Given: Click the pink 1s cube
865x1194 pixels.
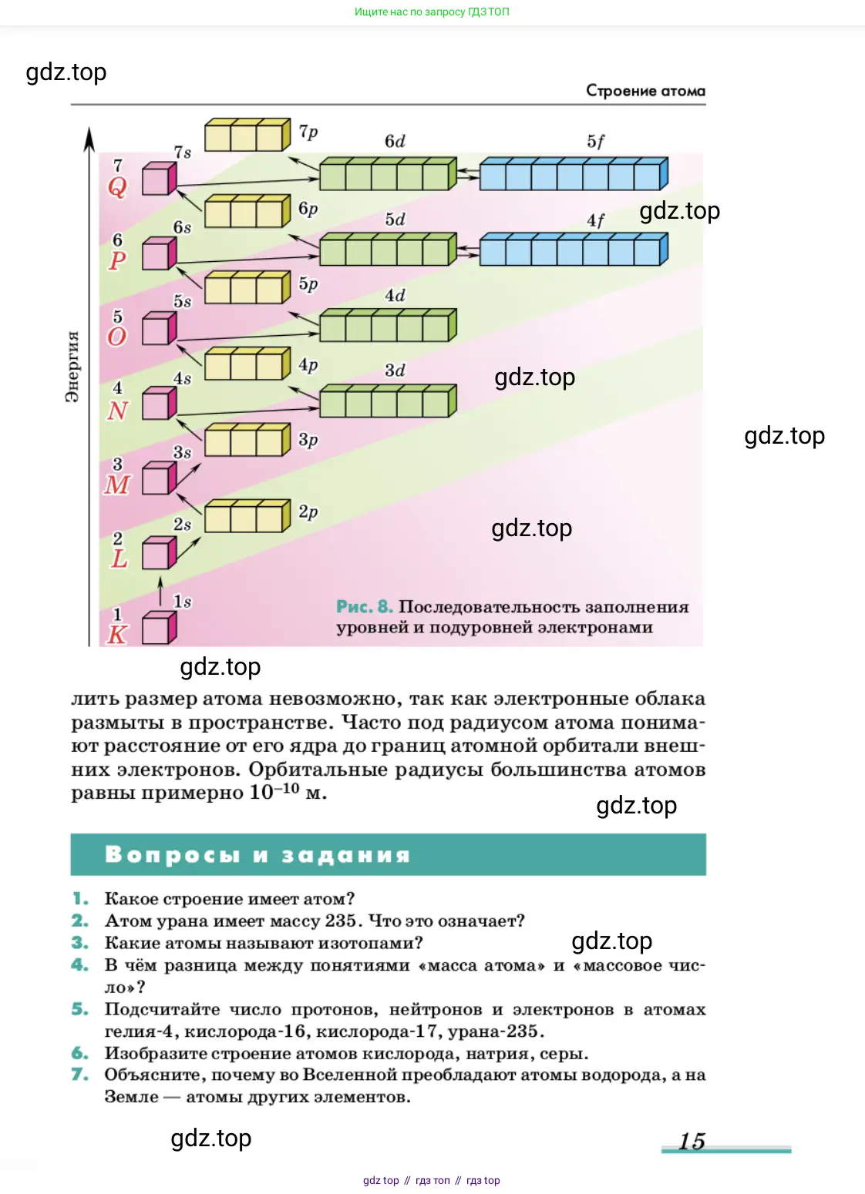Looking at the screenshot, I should click(x=159, y=628).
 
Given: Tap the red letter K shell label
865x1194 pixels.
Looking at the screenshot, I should click(x=117, y=635).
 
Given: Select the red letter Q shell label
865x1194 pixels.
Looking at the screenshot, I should click(x=117, y=186).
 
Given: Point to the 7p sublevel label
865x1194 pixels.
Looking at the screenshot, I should click(x=308, y=132).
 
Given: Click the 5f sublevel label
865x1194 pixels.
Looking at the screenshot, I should click(x=595, y=142).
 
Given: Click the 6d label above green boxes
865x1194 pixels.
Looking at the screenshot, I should click(x=395, y=142).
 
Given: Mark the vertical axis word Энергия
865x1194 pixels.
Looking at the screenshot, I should click(x=72, y=367).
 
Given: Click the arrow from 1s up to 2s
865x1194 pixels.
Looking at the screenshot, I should click(x=161, y=592).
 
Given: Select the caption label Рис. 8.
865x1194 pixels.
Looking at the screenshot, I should click(x=365, y=607).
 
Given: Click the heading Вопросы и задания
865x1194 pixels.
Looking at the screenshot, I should click(x=257, y=855).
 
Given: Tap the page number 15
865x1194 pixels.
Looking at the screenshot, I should click(x=692, y=1141).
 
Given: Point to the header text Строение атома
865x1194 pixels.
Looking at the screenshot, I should click(x=645, y=91).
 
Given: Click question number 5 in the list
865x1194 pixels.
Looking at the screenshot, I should click(x=80, y=1009).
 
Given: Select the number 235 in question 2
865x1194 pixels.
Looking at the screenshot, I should click(x=341, y=921).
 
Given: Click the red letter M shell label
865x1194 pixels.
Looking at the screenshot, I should click(x=117, y=485).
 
